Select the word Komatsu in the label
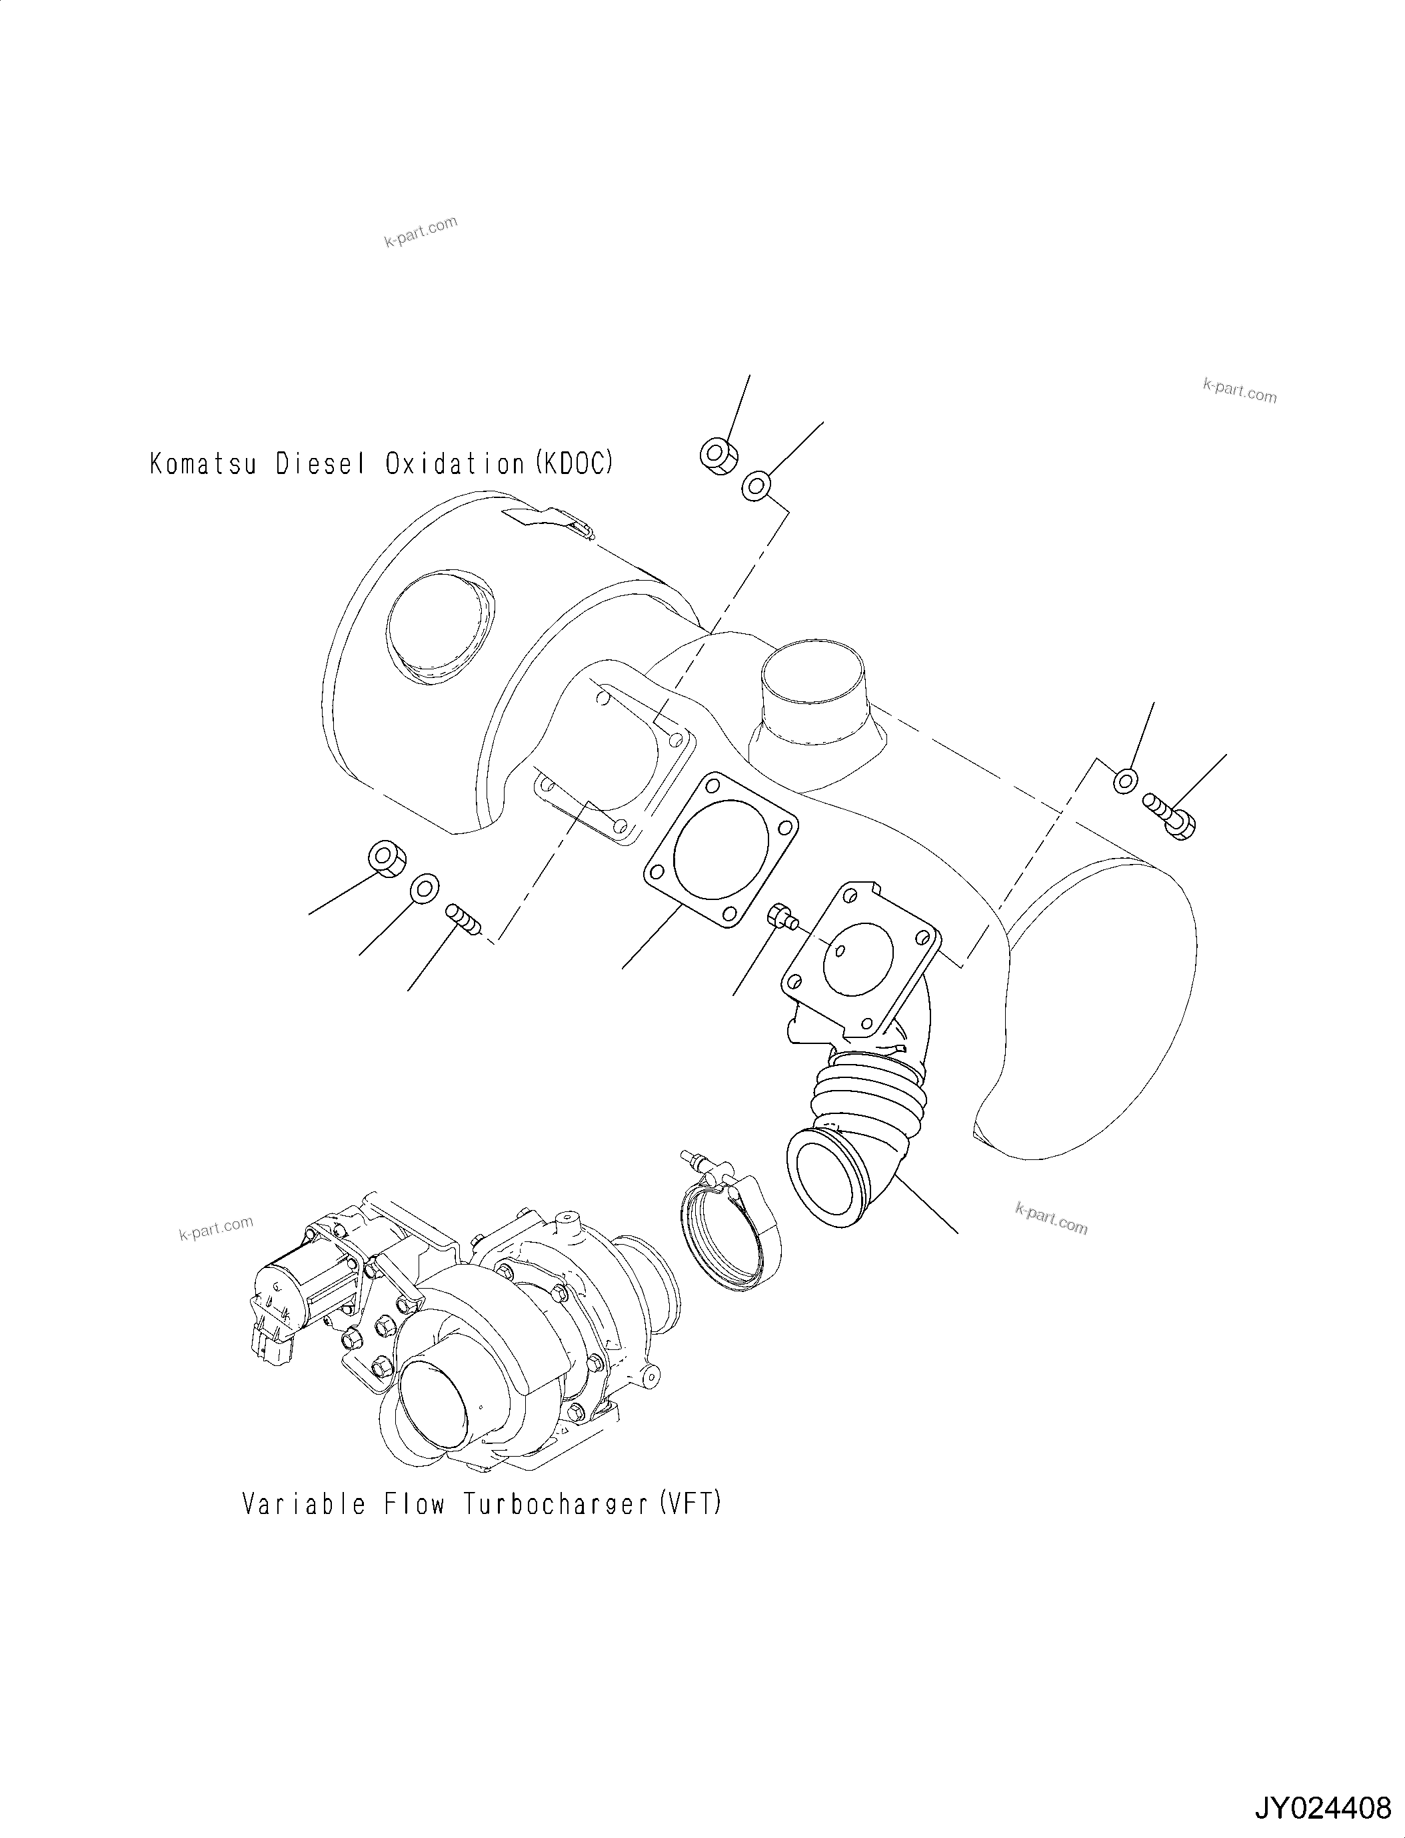pyautogui.click(x=203, y=463)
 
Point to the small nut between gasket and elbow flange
pyautogui.click(x=779, y=915)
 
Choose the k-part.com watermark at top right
pyautogui.click(x=1240, y=390)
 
